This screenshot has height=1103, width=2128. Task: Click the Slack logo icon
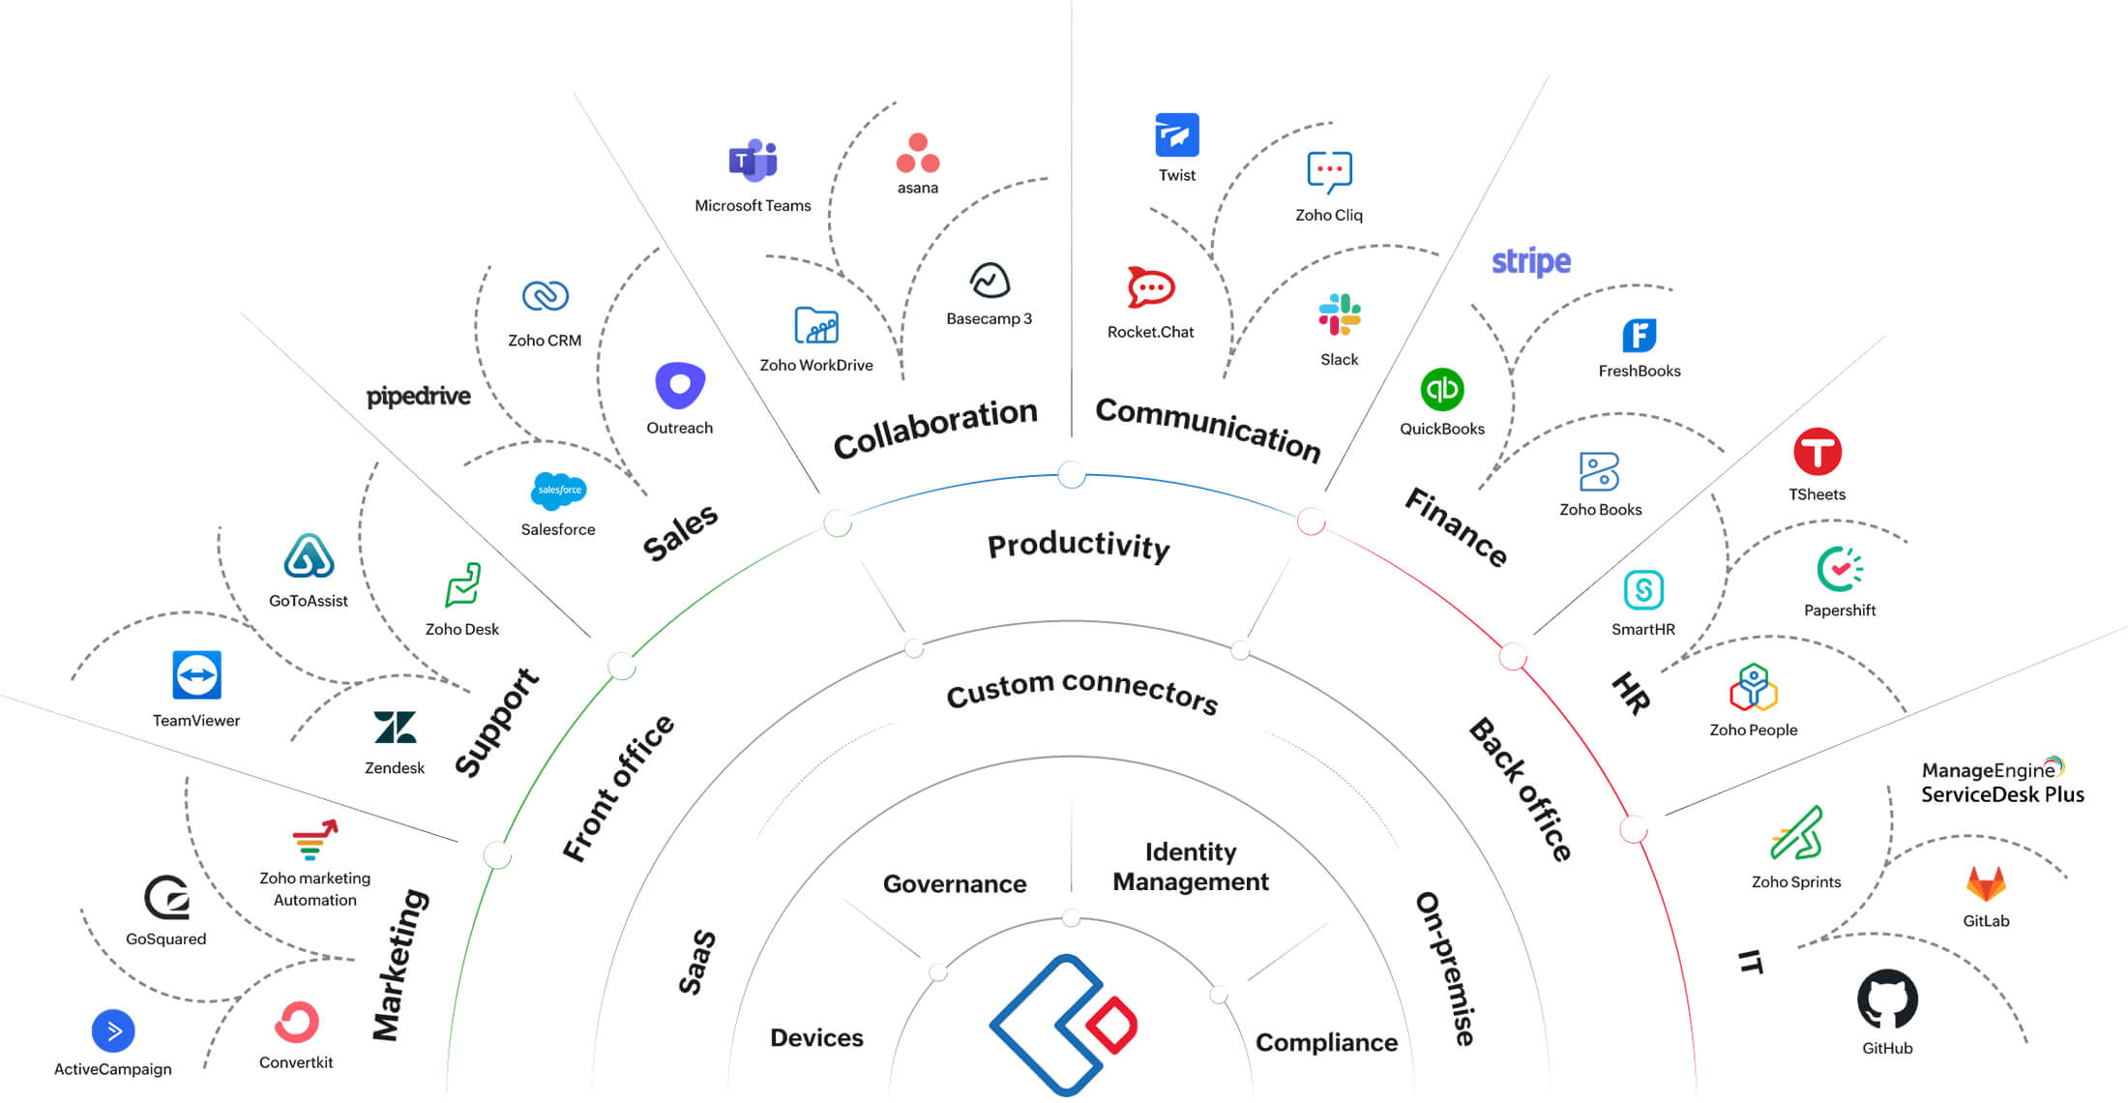click(1340, 314)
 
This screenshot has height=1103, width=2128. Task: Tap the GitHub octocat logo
click(1887, 999)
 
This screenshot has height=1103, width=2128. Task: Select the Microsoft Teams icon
click(753, 161)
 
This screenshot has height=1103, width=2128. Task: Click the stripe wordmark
click(1530, 261)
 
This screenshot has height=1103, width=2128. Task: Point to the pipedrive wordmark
click(418, 397)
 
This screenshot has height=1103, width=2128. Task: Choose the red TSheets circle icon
click(1817, 452)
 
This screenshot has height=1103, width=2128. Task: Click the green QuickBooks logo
click(1441, 390)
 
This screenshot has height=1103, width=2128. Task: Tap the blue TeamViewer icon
click(196, 674)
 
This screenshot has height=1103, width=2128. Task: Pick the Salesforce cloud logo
click(558, 491)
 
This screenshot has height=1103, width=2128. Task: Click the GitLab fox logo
click(1986, 883)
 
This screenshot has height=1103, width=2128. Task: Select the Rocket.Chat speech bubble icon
click(1150, 287)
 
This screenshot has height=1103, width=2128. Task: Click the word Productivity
click(1079, 546)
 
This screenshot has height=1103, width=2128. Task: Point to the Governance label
click(954, 883)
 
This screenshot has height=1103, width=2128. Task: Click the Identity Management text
click(1191, 867)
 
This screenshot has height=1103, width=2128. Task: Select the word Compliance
click(1326, 1042)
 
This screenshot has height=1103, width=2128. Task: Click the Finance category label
click(1457, 527)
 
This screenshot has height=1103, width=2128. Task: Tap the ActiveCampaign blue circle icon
click(113, 1030)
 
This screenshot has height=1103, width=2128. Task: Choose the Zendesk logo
click(395, 728)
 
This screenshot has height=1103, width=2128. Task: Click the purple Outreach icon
click(680, 386)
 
